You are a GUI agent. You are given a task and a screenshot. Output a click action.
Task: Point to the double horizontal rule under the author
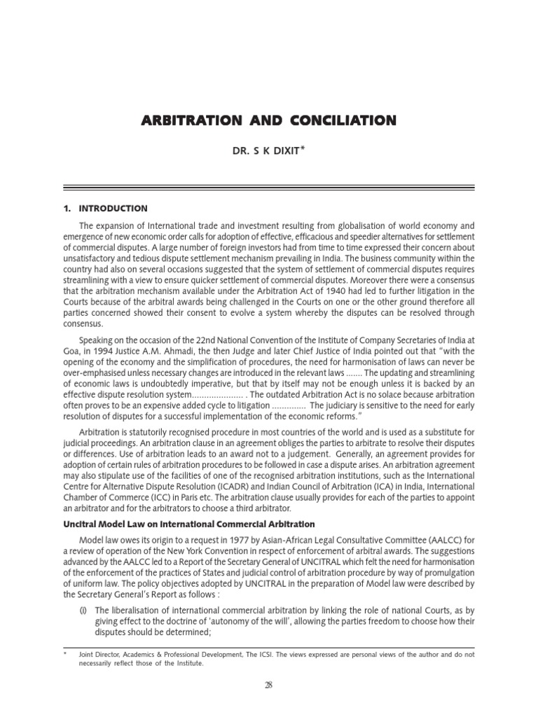click(x=269, y=187)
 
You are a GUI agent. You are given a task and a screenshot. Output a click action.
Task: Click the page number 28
click(x=269, y=685)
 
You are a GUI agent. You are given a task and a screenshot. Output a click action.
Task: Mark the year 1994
click(x=105, y=351)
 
